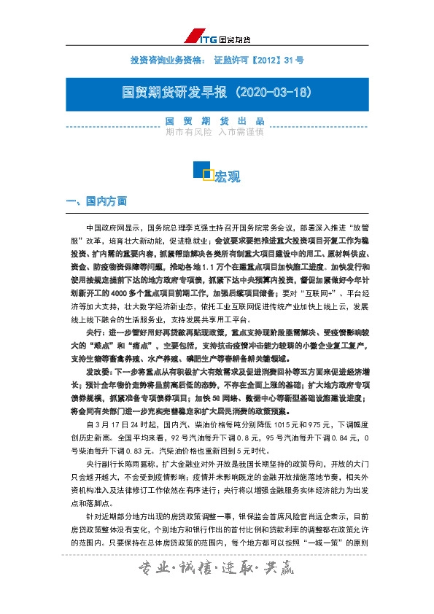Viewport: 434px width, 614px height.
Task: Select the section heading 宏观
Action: click(x=227, y=176)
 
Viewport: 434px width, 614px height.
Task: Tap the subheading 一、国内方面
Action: click(x=97, y=200)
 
